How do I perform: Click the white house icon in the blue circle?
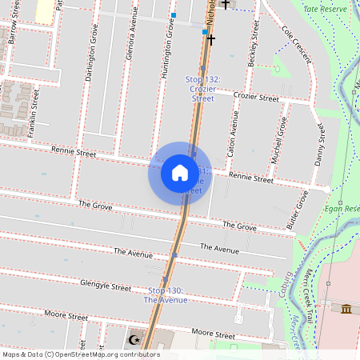(x=180, y=173)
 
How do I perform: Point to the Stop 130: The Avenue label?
(x=166, y=294)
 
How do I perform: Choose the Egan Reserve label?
(x=342, y=209)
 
